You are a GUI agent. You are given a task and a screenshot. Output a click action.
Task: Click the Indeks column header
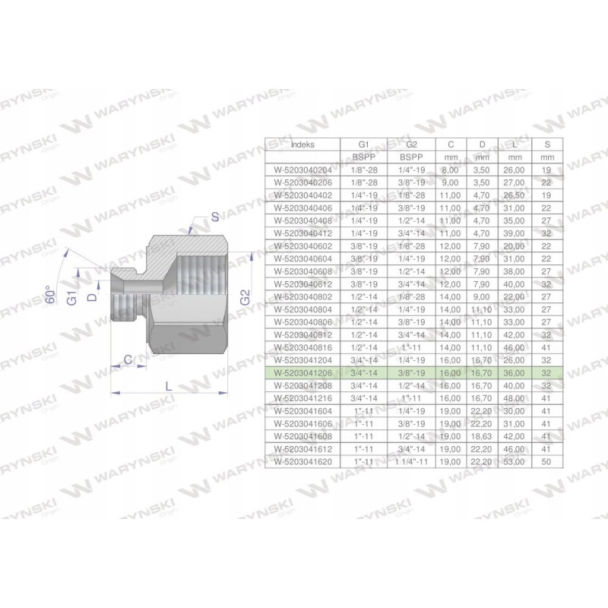[302, 142]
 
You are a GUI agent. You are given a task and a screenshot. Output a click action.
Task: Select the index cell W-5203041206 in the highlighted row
[302, 374]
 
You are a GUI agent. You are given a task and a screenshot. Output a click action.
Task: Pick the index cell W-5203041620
[302, 461]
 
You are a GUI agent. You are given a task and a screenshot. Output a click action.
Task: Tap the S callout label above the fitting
[215, 217]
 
